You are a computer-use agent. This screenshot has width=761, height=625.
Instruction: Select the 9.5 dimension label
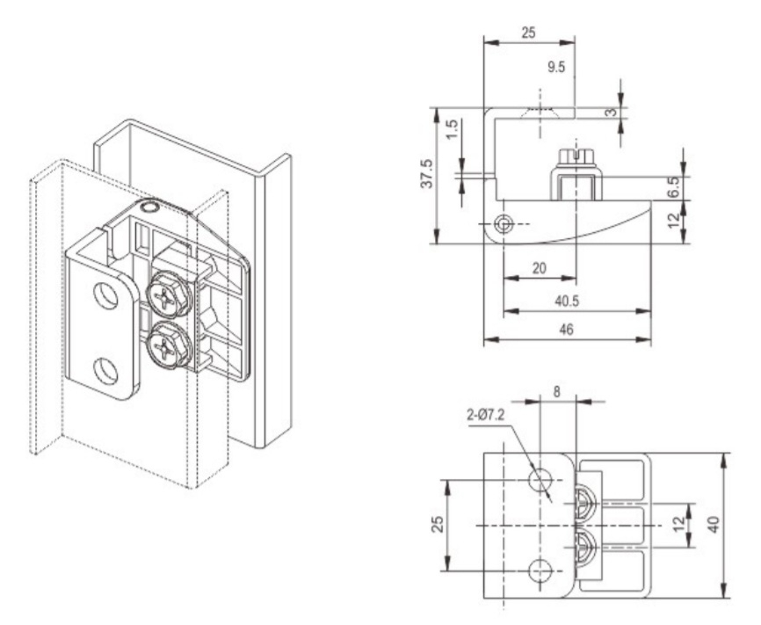554,67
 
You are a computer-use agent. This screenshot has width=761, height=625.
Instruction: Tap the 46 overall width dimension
568,329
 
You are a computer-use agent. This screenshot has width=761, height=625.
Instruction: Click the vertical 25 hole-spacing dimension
438,525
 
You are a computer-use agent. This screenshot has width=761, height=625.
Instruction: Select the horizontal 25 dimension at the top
528,33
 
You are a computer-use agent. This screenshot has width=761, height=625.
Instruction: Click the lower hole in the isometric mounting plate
106,372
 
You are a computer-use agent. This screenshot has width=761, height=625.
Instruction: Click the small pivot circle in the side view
503,222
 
